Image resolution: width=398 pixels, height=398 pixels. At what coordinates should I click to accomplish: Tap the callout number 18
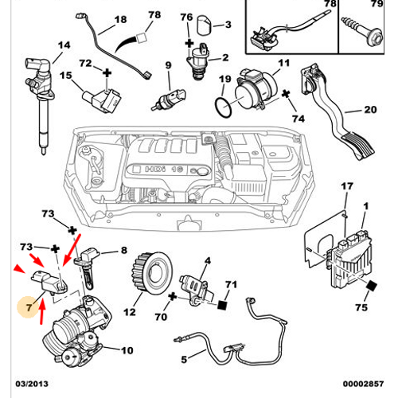pyautogui.click(x=120, y=19)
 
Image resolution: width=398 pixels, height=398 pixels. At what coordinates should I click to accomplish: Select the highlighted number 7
pyautogui.click(x=29, y=304)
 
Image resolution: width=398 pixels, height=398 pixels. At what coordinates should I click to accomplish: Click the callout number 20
pyautogui.click(x=369, y=110)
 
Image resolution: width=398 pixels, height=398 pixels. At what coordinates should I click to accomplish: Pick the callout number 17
pyautogui.click(x=345, y=186)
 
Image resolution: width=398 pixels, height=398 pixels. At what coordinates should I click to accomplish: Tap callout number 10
pyautogui.click(x=127, y=349)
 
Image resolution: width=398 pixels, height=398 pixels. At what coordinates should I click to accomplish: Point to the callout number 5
pyautogui.click(x=184, y=358)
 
